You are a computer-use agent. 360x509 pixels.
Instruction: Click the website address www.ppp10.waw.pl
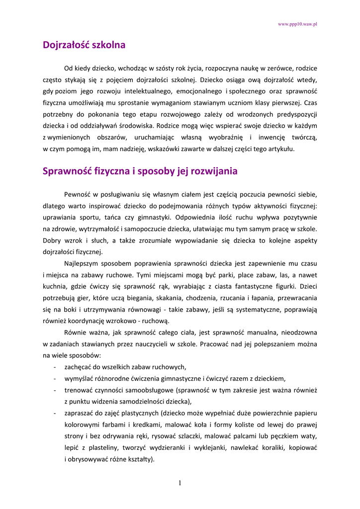[297, 24]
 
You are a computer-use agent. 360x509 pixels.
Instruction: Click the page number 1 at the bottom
[180, 483]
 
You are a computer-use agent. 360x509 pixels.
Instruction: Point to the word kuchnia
[54, 286]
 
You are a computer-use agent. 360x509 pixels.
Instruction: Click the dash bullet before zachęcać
[54, 367]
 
